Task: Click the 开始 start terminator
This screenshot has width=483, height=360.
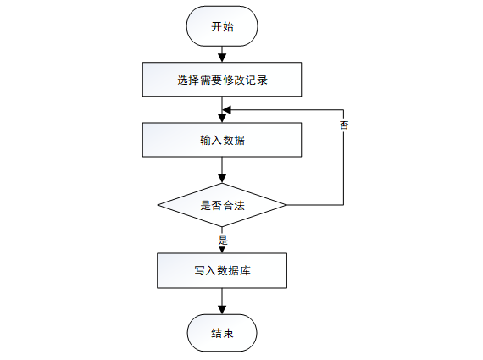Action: point(222,26)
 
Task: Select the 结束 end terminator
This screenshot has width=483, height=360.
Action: point(222,333)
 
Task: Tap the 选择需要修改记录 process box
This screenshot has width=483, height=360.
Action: point(222,80)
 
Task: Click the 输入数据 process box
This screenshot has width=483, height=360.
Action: point(222,140)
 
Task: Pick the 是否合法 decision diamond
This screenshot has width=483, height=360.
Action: point(222,205)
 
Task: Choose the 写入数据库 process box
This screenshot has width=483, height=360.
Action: point(222,271)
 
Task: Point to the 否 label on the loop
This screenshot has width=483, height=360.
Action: point(344,125)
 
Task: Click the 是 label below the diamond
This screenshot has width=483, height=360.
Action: point(223,241)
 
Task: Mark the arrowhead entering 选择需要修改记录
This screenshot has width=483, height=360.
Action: point(222,58)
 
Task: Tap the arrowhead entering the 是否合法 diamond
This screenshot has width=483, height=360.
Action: point(222,179)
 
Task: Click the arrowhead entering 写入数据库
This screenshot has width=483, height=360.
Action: point(222,250)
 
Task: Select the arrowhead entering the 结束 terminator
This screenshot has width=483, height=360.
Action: point(222,310)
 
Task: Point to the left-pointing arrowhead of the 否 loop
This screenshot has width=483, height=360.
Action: point(227,110)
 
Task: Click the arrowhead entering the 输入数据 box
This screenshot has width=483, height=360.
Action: point(222,119)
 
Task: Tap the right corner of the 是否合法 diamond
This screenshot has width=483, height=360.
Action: point(286,205)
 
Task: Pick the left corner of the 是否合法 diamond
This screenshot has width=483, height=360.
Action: point(158,205)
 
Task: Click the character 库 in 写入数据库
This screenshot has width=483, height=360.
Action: point(246,271)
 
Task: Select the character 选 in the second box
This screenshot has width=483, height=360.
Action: point(183,80)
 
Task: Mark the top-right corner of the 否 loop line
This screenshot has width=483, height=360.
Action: point(343,110)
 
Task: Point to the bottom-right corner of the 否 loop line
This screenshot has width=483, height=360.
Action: point(343,205)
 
